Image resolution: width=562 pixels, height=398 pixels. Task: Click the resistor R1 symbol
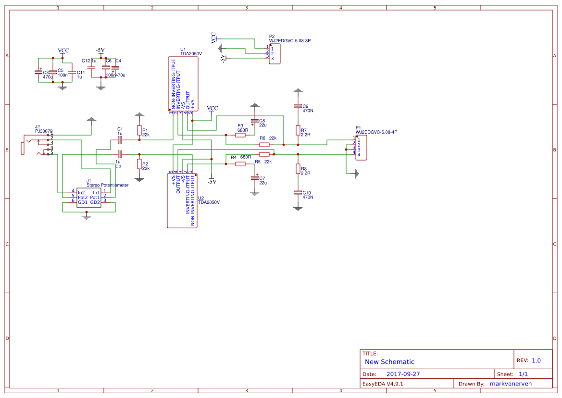click(139, 130)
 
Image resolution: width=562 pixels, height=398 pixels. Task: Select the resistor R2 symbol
click(139, 164)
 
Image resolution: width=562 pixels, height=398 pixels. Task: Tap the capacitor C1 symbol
click(120, 140)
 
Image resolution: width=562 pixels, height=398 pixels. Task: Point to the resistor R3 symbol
click(241, 135)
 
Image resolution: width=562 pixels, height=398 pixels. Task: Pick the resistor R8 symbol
click(298, 169)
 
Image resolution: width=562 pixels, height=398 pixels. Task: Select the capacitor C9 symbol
click(298, 106)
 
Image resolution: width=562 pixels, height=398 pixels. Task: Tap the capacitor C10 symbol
click(298, 193)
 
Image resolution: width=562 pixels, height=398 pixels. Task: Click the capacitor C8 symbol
click(255, 121)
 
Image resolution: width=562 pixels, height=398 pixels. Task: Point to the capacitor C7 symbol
click(255, 178)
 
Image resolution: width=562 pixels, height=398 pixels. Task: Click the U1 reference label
click(183, 50)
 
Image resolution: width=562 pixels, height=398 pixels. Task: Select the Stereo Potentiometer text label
click(107, 185)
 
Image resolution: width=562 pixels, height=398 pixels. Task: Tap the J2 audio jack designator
click(37, 126)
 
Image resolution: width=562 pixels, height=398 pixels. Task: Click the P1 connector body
click(361, 148)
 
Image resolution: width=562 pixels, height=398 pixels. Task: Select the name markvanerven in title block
click(513, 384)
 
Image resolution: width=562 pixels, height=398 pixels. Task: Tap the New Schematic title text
click(389, 362)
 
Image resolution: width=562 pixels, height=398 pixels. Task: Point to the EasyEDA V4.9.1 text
click(383, 384)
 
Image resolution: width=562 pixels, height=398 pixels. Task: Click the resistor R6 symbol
click(264, 144)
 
